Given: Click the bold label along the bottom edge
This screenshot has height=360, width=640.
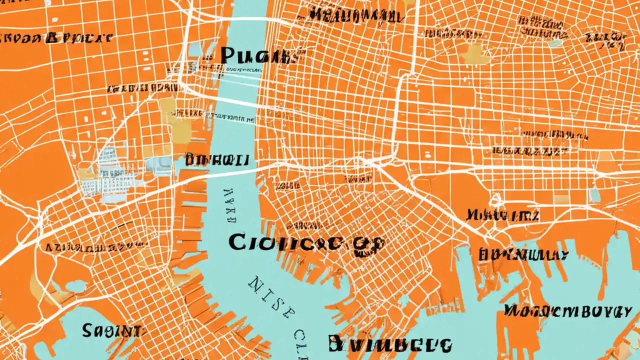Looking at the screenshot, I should pyautogui.click(x=390, y=344).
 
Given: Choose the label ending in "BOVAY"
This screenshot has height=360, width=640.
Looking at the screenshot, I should pyautogui.click(x=567, y=311).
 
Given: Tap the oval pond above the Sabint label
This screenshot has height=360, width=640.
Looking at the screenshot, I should pyautogui.click(x=75, y=286).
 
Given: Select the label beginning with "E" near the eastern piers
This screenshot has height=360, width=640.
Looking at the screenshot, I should pyautogui.click(x=523, y=254).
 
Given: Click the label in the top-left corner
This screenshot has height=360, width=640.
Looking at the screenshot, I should pyautogui.click(x=57, y=38).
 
